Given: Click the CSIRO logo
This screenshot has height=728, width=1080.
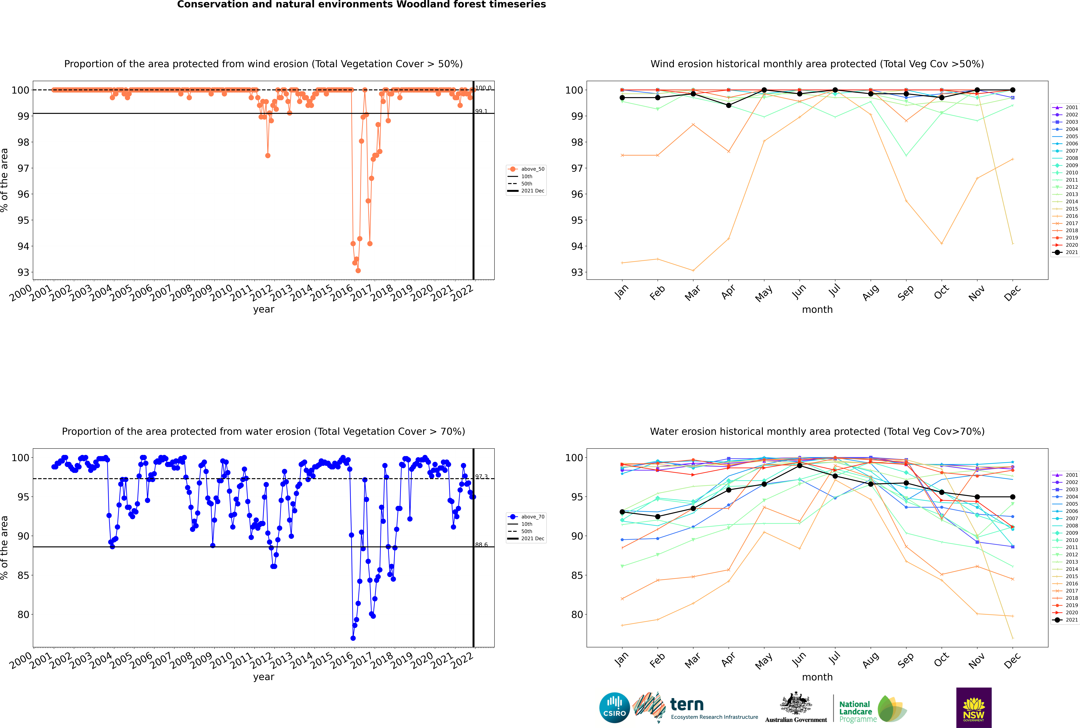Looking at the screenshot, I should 614,708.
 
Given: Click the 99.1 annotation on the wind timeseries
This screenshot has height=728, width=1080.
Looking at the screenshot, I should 481,111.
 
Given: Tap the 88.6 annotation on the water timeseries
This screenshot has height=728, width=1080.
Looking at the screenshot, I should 481,545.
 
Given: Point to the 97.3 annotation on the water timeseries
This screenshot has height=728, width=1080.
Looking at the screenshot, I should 481,477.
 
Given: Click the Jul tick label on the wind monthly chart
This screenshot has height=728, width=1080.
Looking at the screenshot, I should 834,291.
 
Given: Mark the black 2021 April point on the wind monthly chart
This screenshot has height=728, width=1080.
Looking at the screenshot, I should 729,105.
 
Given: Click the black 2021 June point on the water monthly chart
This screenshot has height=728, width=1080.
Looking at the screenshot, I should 800,465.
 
